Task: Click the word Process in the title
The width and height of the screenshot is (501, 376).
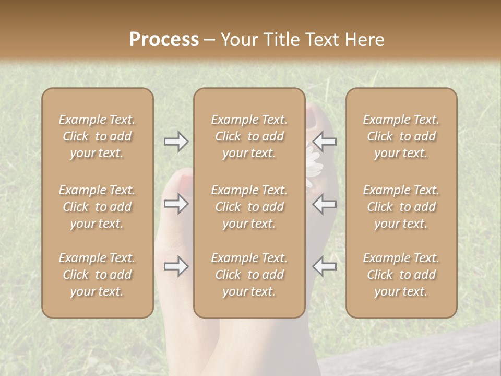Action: tap(164, 40)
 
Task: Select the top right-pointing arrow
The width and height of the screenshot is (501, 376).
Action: tap(176, 142)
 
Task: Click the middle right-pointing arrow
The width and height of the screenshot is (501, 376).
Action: tap(176, 204)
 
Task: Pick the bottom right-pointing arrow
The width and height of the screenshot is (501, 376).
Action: tap(176, 266)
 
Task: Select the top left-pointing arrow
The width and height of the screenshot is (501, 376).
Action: tap(325, 142)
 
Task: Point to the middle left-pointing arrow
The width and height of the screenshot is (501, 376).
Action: tap(325, 204)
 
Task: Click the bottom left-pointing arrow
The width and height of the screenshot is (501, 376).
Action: tap(325, 266)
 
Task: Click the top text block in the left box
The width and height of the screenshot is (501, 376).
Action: tap(97, 136)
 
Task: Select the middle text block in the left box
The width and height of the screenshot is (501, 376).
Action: tap(97, 207)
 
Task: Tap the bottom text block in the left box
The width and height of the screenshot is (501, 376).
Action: tap(97, 275)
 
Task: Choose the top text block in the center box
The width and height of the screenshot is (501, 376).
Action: tap(249, 136)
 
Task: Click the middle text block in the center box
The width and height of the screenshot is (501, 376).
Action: tap(249, 207)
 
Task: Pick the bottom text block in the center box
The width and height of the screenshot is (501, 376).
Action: tap(249, 275)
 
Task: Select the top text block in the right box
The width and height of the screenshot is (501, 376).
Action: tap(401, 136)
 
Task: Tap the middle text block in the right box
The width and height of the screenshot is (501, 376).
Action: tap(401, 207)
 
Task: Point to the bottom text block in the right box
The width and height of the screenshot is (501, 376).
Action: tap(401, 275)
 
